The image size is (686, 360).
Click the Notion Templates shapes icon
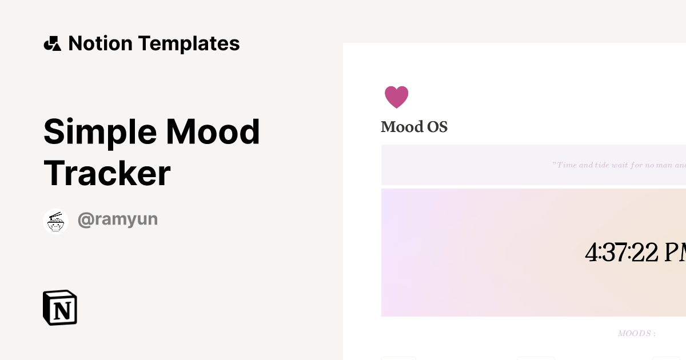coord(52,43)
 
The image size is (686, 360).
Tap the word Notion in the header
coord(100,43)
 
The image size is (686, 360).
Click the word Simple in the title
coord(100,132)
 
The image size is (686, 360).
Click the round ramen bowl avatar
coord(56,221)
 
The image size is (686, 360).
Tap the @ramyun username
coord(117,219)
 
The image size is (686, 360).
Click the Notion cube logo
coord(60,308)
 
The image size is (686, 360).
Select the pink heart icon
coord(396,97)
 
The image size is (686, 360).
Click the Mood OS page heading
coord(414,127)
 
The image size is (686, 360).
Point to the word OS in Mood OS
coord(437,127)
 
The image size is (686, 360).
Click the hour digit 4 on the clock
coord(591,253)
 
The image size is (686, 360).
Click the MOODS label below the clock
coord(636,334)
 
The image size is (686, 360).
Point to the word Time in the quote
coord(567,165)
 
